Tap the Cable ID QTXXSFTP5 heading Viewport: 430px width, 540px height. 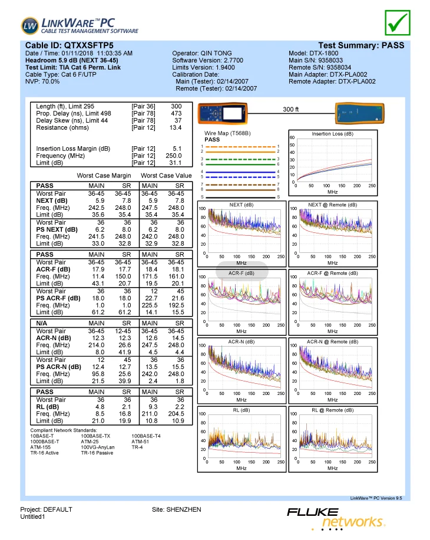70,45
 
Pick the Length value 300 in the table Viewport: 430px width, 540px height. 176,107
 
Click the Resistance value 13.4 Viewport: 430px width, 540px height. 176,128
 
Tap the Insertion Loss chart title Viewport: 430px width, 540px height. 332,134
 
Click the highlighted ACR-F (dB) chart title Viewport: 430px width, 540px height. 242,273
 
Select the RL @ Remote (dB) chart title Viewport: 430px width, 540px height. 332,410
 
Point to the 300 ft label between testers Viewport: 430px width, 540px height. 291,110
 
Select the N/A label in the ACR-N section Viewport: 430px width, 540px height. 44,323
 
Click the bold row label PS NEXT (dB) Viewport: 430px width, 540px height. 57,229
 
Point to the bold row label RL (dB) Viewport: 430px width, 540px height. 48,406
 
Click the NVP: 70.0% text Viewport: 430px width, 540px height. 42,81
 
